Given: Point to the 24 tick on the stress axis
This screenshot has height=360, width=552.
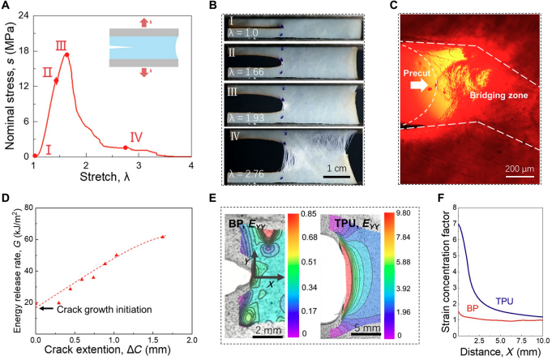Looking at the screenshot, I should pyautogui.click(x=24, y=15).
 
